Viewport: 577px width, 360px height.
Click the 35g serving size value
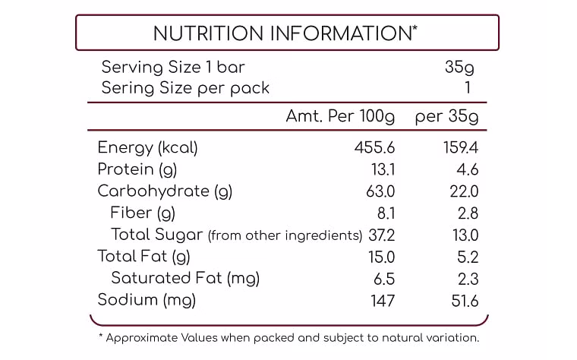[459, 68]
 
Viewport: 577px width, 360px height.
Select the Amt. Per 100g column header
[340, 117]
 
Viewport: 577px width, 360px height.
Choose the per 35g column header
[446, 117]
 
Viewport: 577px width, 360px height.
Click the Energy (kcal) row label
[147, 148]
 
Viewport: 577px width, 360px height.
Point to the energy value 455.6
[374, 148]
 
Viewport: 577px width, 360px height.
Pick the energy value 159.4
[461, 148]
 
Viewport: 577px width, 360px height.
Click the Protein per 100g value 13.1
[383, 169]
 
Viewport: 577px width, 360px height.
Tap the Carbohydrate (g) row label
[165, 191]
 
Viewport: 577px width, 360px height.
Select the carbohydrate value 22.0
[464, 191]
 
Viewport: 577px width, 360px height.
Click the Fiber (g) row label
[143, 213]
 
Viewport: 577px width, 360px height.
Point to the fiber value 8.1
[386, 213]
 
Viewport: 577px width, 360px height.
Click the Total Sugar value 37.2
[382, 235]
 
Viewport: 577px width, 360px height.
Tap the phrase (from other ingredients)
[285, 235]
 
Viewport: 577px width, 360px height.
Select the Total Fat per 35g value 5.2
[468, 257]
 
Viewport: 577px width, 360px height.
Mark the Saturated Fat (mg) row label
[185, 278]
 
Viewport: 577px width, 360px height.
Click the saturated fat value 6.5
[384, 279]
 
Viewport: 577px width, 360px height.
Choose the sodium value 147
[383, 301]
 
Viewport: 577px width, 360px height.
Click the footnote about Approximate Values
[289, 338]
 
